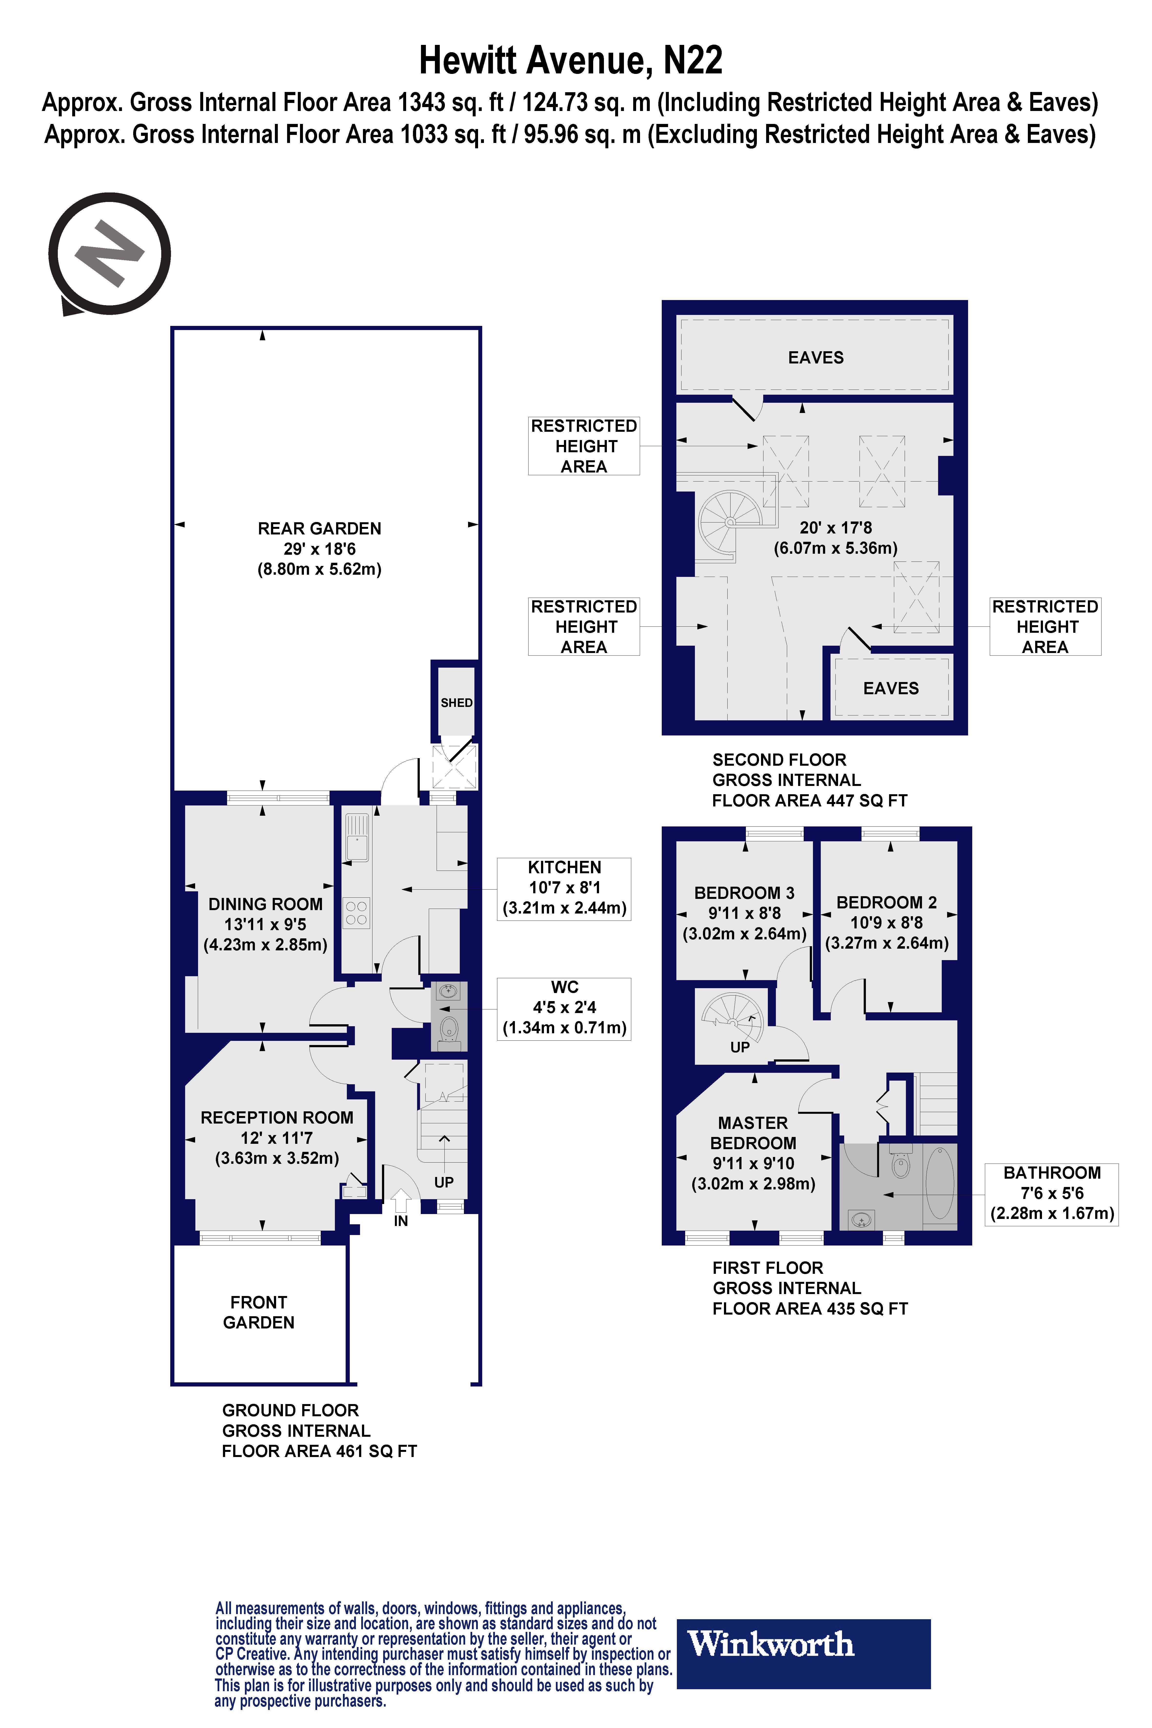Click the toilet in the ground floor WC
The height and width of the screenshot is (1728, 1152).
tap(449, 1029)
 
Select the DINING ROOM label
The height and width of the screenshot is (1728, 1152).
tap(265, 904)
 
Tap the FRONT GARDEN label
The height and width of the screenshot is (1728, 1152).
tap(259, 1312)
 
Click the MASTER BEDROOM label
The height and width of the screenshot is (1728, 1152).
tap(753, 1133)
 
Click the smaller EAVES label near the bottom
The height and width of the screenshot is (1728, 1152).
tap(891, 688)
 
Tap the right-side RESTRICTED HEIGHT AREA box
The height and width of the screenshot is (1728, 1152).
tap(1045, 627)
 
